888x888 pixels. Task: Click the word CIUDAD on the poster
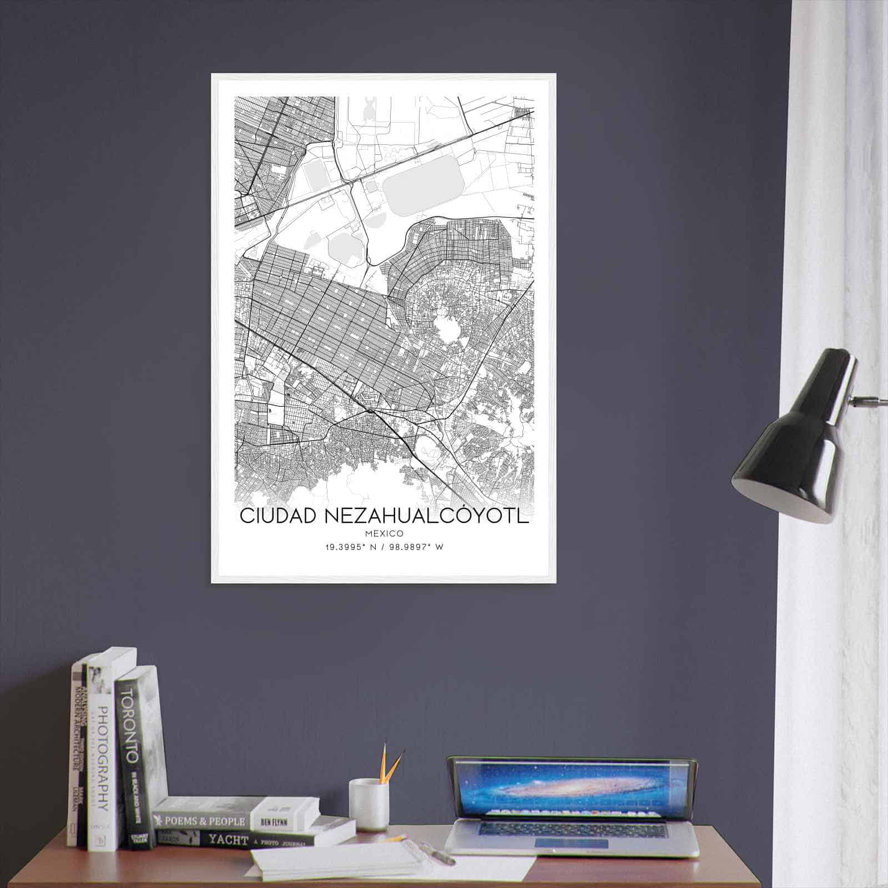coord(278,515)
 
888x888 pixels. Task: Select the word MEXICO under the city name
coord(384,533)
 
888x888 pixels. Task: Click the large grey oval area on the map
coord(423,178)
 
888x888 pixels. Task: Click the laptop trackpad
coord(572,844)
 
